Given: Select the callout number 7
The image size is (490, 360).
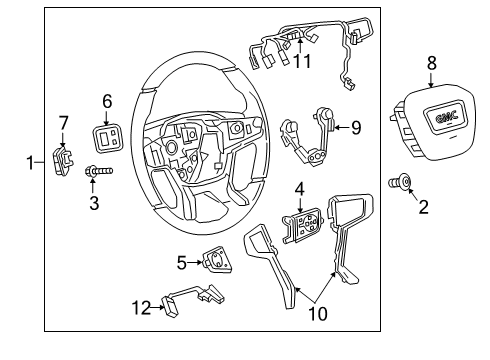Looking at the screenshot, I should (x=63, y=122).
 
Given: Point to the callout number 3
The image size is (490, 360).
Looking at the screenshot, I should (x=96, y=205).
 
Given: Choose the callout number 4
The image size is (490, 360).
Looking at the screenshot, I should (x=299, y=187).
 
